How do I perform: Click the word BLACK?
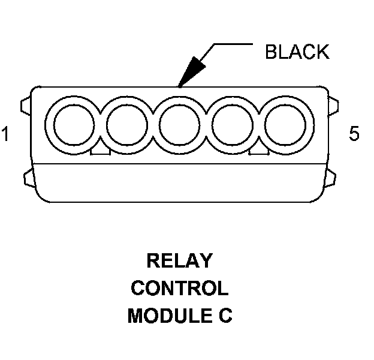pyautogui.click(x=297, y=52)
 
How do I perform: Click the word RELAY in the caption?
pyautogui.click(x=180, y=260)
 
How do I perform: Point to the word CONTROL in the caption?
pyautogui.click(x=180, y=288)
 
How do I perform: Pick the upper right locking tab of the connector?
pyautogui.click(x=333, y=106)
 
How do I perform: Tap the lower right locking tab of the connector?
pyautogui.click(x=331, y=178)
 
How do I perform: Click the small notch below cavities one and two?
pyautogui.click(x=100, y=151)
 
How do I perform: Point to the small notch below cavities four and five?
pyautogui.click(x=259, y=151)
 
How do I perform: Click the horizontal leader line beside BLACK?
pyautogui.click(x=233, y=44)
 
